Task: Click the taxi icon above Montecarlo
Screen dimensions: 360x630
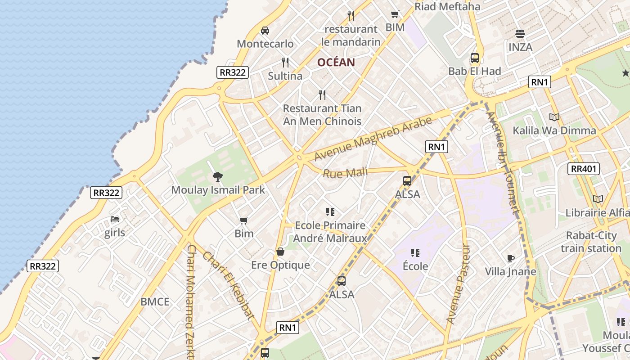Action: coord(265,31)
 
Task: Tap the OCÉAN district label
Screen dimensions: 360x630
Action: coord(336,63)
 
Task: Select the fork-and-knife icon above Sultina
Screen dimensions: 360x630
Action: coord(285,63)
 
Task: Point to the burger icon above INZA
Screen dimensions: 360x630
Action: coord(520,34)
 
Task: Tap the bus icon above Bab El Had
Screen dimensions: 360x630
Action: coord(475,58)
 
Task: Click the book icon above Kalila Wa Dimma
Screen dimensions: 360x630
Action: coord(554,117)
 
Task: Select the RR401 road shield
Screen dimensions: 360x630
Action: coord(584,169)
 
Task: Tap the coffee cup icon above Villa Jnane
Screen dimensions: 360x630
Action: coord(510,258)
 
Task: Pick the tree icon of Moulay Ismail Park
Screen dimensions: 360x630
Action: coord(218,176)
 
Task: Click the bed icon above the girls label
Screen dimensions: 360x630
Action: coord(115,220)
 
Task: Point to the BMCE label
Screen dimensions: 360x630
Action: coord(155,302)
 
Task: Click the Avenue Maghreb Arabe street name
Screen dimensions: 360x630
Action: coord(373,138)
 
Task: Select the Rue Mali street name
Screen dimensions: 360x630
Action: coord(345,172)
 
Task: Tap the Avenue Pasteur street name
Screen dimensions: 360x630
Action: coord(458,284)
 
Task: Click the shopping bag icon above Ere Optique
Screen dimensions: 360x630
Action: coord(280,252)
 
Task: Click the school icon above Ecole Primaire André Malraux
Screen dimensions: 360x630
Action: coord(330,211)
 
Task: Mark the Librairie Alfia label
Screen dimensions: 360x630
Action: coord(597,212)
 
